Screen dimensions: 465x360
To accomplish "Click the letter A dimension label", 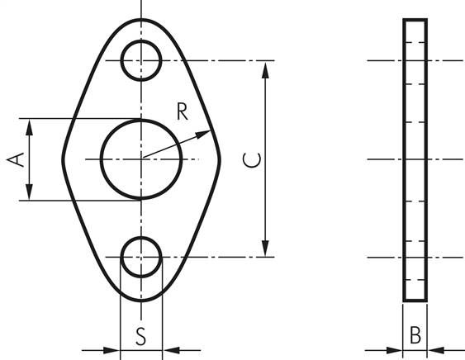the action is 16,159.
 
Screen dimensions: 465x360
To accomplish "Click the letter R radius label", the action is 182,111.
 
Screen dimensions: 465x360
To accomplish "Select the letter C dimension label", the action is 252,160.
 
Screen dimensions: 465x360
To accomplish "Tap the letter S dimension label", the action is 141,336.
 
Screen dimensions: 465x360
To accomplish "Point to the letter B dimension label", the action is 415,335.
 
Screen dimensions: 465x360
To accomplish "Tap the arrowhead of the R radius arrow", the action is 204,134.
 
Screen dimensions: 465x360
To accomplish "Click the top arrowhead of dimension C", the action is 265,69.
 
